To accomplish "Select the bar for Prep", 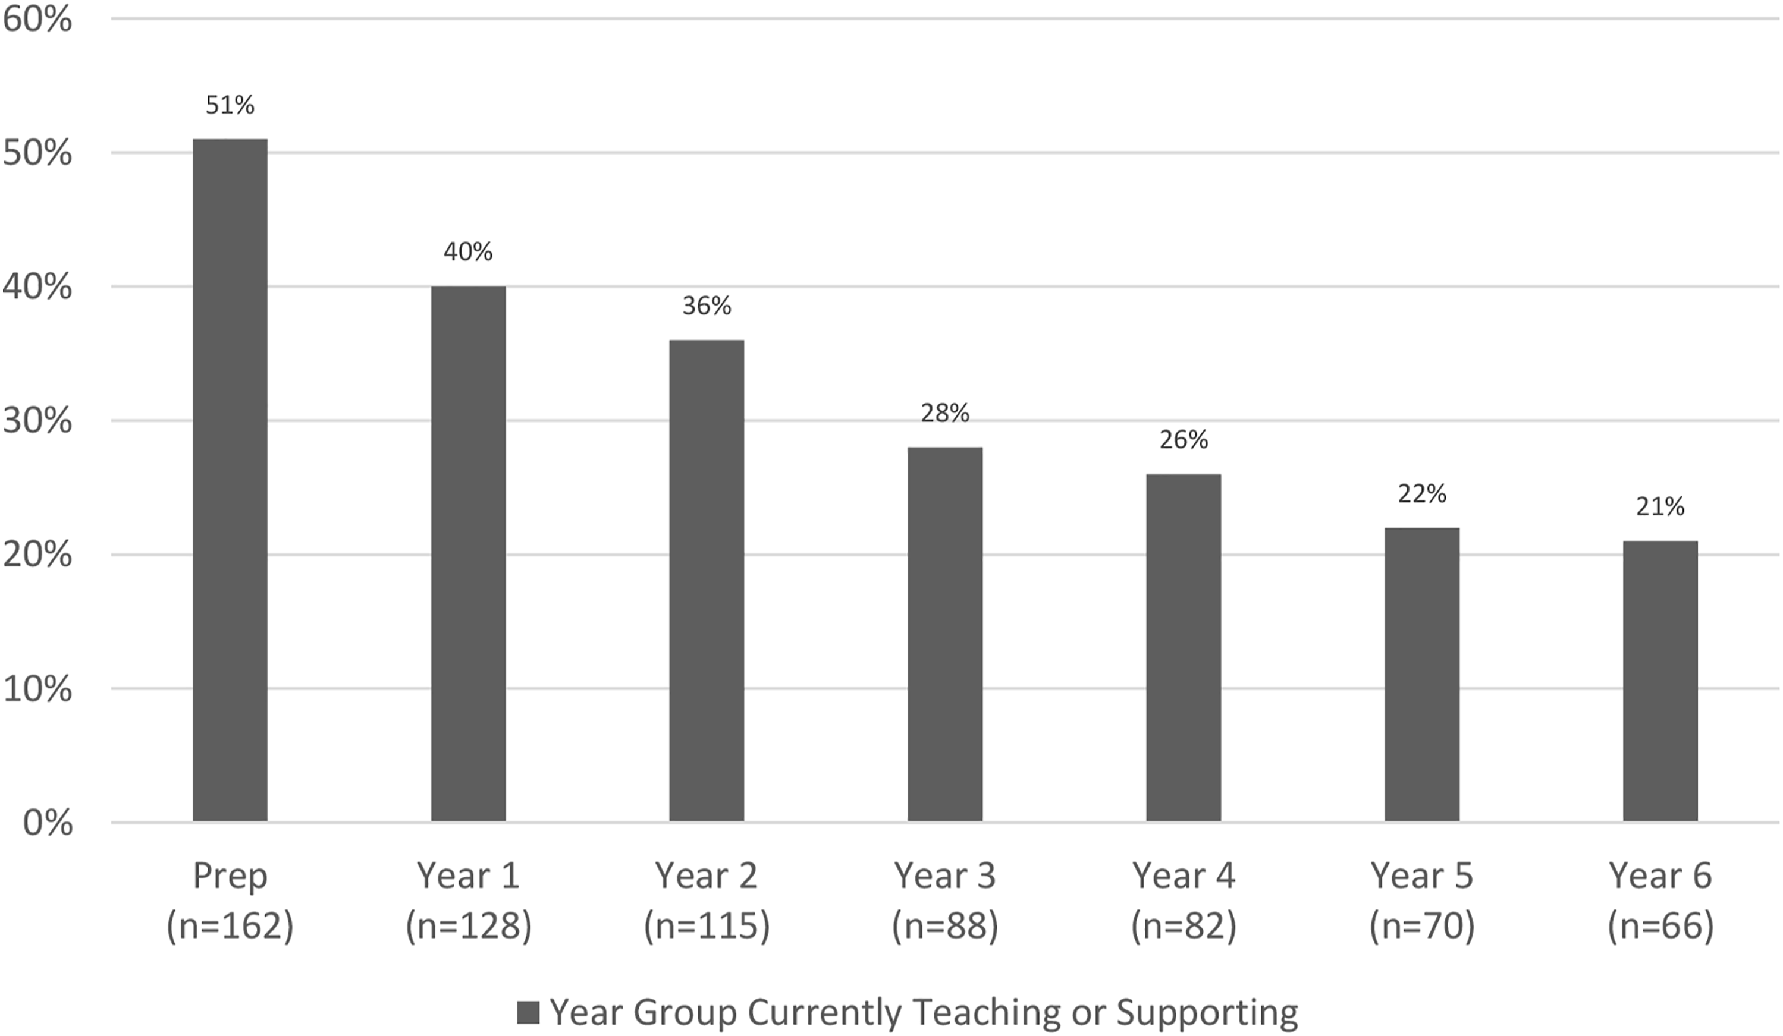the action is [x=230, y=480].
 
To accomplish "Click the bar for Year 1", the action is [x=469, y=554].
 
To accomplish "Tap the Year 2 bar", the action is [x=707, y=581].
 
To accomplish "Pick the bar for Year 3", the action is [x=945, y=634].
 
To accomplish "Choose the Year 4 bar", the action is [x=1184, y=648].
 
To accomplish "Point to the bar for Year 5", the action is [x=1422, y=675].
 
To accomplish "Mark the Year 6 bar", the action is [x=1660, y=681].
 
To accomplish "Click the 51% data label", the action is [x=230, y=105].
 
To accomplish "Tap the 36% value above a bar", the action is [x=707, y=306].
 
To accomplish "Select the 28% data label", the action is [x=945, y=413].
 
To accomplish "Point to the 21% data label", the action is [x=1660, y=506].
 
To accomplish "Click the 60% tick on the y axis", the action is [x=37, y=19].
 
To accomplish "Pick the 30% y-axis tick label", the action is [x=37, y=421].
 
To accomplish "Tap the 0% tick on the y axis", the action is [x=48, y=823].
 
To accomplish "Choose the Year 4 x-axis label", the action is [x=1184, y=876].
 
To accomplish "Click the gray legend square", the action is [x=528, y=1012].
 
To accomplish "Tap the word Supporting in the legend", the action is [x=1207, y=1013].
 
